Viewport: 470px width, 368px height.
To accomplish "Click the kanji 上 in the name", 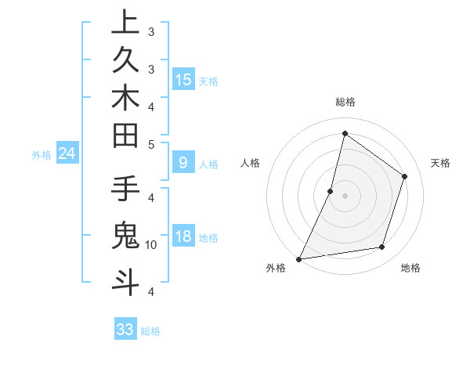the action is click(125, 22).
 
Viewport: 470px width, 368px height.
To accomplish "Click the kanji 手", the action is click(125, 190).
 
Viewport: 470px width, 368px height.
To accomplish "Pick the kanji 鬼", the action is click(125, 235).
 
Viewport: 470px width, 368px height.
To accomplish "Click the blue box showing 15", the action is click(183, 80).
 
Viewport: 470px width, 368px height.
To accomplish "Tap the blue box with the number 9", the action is click(183, 163).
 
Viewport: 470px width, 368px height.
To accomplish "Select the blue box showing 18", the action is click(183, 236).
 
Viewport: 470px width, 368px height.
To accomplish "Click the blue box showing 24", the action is click(67, 154).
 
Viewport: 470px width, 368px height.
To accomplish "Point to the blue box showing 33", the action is click(125, 330).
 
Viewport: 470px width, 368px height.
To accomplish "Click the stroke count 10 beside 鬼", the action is click(151, 245).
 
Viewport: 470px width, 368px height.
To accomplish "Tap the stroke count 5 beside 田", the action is click(151, 144).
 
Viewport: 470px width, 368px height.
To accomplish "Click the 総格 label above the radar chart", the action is click(345, 102).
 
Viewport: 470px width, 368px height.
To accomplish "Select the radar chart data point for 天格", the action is click(405, 176).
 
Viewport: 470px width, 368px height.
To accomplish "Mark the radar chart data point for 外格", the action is click(298, 258).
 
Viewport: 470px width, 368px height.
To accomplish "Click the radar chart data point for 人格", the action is click(331, 191).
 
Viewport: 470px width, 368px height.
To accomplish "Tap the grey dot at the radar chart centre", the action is click(345, 196).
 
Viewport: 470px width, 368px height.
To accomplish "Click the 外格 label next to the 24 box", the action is click(42, 155).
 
